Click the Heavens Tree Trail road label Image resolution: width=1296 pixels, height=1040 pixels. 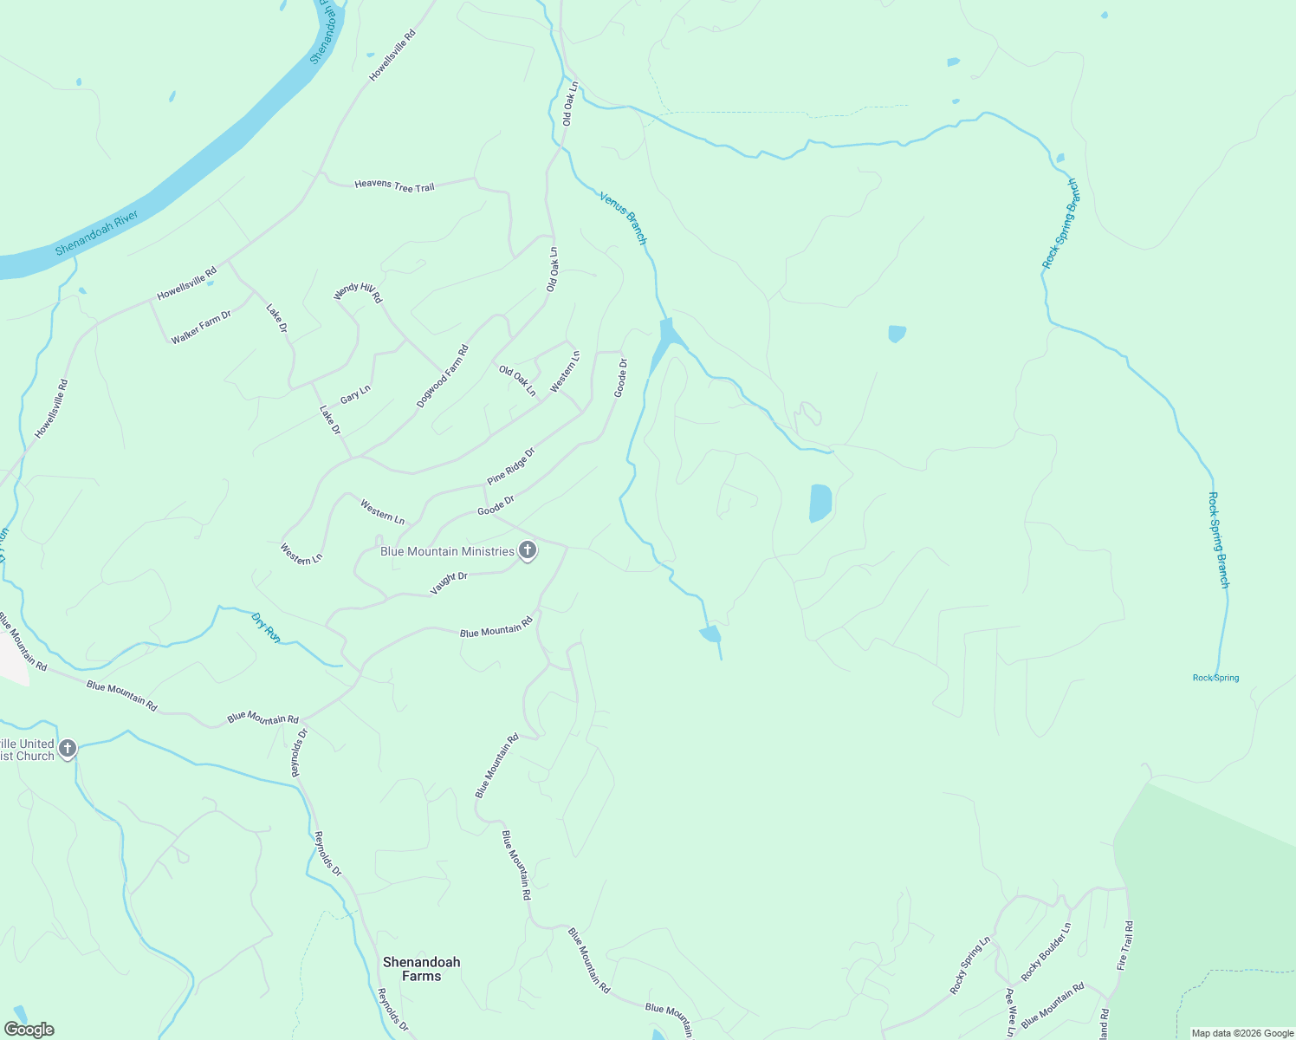(x=394, y=185)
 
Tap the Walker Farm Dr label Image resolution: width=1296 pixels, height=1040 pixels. (x=201, y=328)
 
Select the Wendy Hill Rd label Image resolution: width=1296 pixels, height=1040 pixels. (x=358, y=292)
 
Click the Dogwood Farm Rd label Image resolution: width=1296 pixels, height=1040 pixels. (x=443, y=376)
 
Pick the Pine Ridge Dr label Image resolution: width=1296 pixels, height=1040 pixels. (x=511, y=466)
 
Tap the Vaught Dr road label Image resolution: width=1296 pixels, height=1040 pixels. (x=449, y=583)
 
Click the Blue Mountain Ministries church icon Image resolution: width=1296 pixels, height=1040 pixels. (x=527, y=551)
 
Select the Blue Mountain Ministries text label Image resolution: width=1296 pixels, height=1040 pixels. (x=447, y=551)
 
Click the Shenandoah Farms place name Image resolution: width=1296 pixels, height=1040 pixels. (x=422, y=969)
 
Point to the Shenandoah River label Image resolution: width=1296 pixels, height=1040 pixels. (x=96, y=232)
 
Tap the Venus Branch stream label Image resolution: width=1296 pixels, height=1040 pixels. (x=624, y=218)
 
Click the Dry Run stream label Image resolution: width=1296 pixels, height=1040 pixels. (x=266, y=627)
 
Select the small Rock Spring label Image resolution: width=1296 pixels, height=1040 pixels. (x=1215, y=678)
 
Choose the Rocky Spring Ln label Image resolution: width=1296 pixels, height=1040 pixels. (x=969, y=965)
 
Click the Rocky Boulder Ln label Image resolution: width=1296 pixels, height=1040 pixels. (x=1046, y=952)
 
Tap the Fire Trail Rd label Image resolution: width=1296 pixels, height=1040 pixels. (x=1125, y=946)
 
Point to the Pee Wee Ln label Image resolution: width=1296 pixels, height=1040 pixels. (x=1009, y=1011)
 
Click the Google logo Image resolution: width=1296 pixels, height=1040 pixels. (x=29, y=1030)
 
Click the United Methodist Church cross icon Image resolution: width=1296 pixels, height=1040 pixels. (x=68, y=749)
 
